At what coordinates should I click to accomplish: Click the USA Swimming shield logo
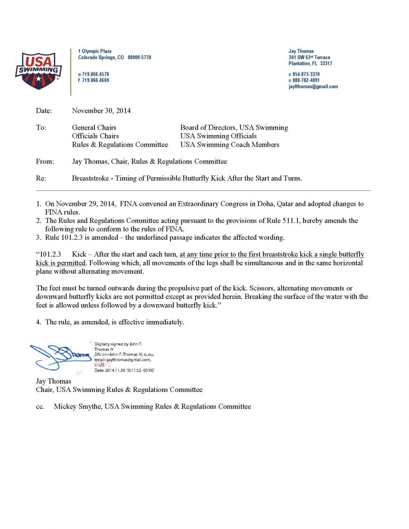[x=38, y=70]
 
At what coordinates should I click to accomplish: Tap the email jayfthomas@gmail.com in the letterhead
[x=313, y=86]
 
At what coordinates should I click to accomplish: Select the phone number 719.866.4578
[x=95, y=74]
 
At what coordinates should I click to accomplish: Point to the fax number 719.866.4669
[x=95, y=80]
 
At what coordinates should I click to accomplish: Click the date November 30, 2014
[x=101, y=111]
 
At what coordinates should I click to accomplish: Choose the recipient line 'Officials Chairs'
[x=95, y=136]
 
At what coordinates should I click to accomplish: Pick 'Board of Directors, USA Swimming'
[x=234, y=127]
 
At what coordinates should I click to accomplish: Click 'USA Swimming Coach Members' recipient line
[x=229, y=144]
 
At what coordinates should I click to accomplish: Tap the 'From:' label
[x=45, y=161]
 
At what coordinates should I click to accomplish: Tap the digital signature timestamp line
[x=124, y=370]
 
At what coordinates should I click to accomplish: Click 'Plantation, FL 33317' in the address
[x=310, y=63]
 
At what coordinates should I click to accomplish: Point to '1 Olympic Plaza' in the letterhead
[x=95, y=51]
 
